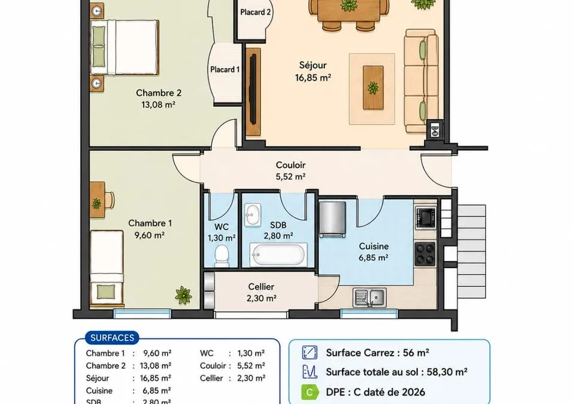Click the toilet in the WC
[x=222, y=255]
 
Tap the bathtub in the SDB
[x=278, y=254]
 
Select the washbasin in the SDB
[x=253, y=214]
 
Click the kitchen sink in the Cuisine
[x=370, y=297]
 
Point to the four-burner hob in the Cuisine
[x=425, y=254]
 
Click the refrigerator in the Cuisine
[x=332, y=218]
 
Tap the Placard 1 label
[x=225, y=69]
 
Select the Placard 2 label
[x=256, y=12]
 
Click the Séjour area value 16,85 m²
[x=313, y=78]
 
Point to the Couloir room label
[x=290, y=165]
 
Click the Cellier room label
[x=261, y=287]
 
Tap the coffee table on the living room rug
[x=373, y=87]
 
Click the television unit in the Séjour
[x=253, y=92]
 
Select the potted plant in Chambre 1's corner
[x=183, y=295]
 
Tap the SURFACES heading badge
[x=112, y=338]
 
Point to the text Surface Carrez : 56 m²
[x=377, y=353]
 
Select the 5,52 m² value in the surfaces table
[x=251, y=366]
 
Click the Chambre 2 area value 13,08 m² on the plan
[x=158, y=105]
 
